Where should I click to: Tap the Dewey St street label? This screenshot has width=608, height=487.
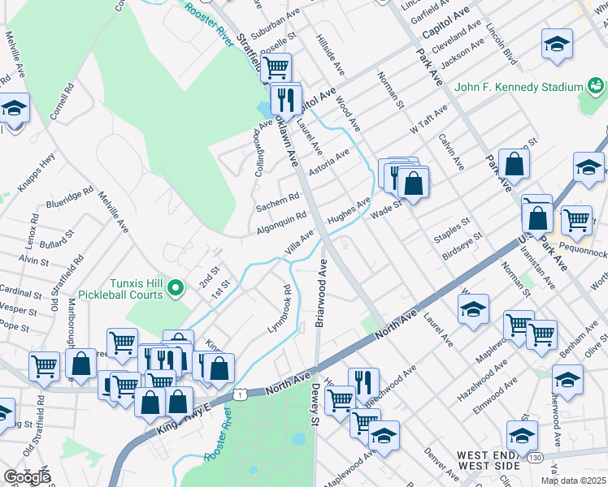click(315, 403)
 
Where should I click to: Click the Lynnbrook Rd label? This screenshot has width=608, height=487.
click(280, 309)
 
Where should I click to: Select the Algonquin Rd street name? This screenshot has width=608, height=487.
click(282, 222)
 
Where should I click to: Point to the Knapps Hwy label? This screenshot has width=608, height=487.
click(37, 173)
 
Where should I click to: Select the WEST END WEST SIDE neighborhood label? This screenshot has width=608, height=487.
click(488, 460)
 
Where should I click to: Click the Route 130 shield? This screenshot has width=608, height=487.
click(533, 459)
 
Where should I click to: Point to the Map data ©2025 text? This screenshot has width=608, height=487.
click(573, 481)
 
